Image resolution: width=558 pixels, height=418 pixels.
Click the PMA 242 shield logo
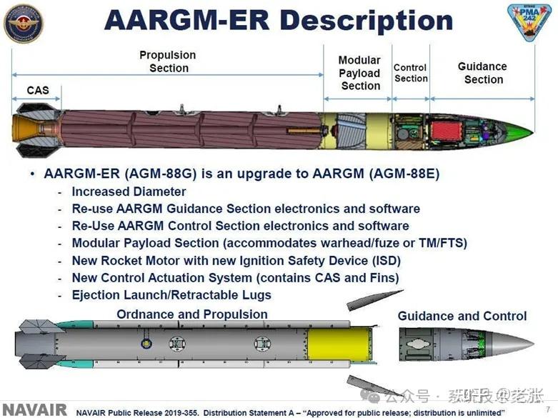(529, 22)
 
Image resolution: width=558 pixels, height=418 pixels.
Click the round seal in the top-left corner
(23, 24)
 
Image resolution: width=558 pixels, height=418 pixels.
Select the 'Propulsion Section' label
(168, 61)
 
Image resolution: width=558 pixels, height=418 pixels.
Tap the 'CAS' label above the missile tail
(38, 90)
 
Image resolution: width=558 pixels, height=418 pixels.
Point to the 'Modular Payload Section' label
(360, 73)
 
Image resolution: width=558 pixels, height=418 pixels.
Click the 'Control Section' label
(411, 73)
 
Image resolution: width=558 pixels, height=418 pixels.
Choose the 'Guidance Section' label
(482, 72)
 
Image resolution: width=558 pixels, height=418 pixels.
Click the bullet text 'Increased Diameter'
(129, 191)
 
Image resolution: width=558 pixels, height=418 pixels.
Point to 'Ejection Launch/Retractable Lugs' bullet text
(171, 294)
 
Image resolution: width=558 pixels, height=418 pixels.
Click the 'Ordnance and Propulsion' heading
(192, 314)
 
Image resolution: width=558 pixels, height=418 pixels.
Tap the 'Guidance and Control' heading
(462, 316)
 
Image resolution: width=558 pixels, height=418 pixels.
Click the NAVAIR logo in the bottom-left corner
(34, 409)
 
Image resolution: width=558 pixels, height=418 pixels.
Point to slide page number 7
(548, 409)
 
